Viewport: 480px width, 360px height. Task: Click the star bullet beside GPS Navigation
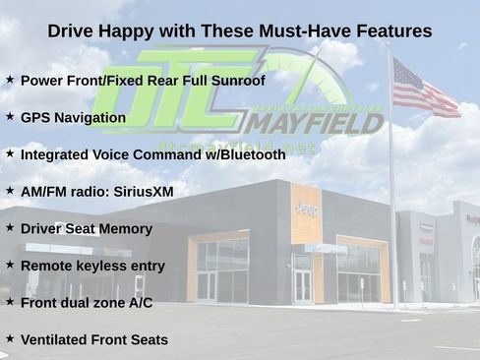pyautogui.click(x=10, y=116)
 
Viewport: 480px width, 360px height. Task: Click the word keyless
pyautogui.click(x=103, y=266)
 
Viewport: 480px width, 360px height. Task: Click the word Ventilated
pyautogui.click(x=54, y=340)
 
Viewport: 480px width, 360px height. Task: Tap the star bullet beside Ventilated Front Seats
pyautogui.click(x=10, y=338)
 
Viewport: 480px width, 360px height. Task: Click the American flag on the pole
pyautogui.click(x=425, y=89)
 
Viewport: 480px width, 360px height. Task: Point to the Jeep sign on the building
pyautogui.click(x=306, y=208)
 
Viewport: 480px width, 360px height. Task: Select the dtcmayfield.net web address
pyautogui.click(x=236, y=148)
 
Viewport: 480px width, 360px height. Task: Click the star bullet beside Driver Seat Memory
pyautogui.click(x=10, y=227)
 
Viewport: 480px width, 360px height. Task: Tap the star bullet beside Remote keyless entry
pyautogui.click(x=10, y=265)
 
